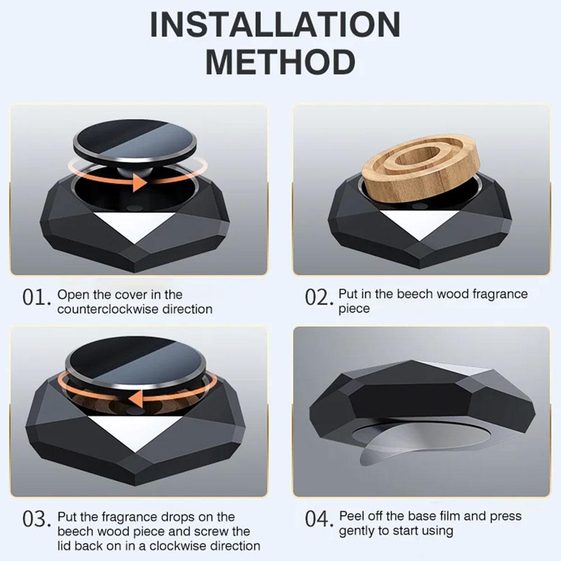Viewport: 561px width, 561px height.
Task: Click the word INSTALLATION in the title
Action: coord(275,25)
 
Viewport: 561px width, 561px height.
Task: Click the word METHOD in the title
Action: coord(280,62)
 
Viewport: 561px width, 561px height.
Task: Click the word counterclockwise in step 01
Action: coord(106,309)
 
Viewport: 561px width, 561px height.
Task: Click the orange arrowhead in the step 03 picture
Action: coord(134,399)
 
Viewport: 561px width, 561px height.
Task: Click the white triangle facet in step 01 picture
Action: coord(134,225)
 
